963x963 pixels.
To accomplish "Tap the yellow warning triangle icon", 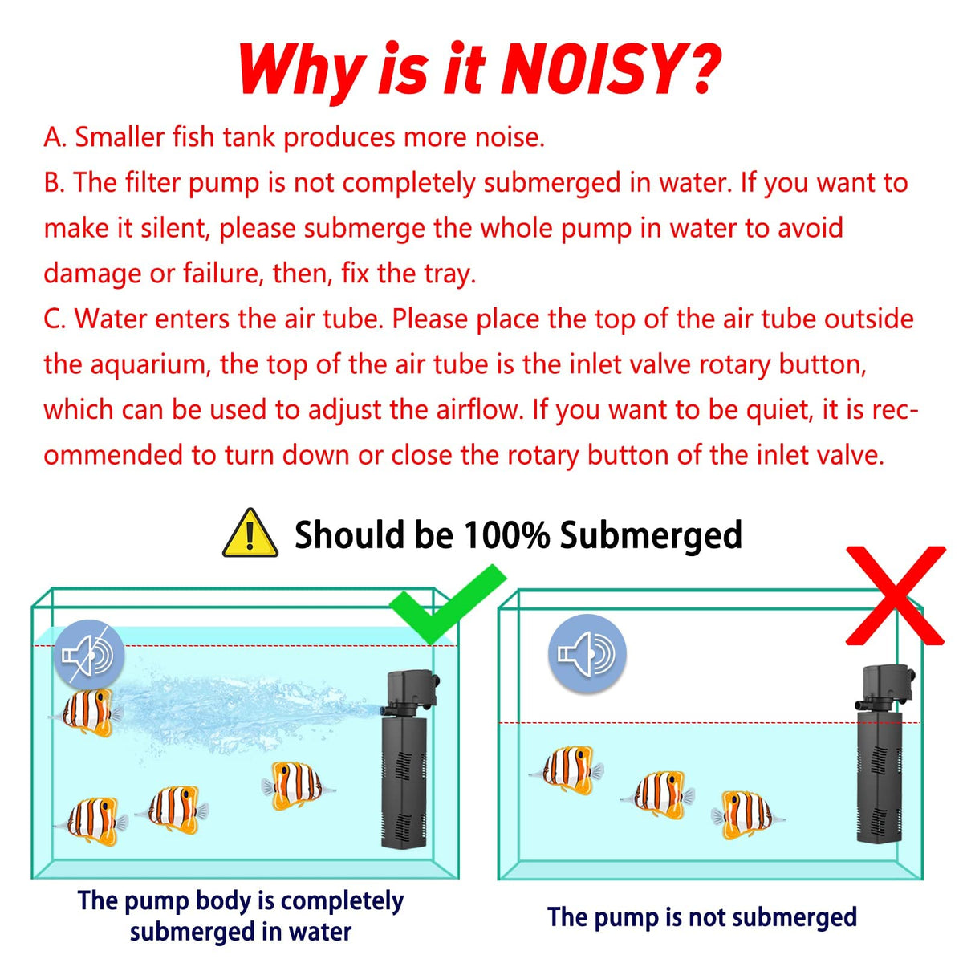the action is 250,534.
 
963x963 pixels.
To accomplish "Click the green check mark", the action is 448,604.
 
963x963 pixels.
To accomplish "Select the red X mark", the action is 896,595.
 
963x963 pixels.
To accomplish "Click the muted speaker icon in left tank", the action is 88,655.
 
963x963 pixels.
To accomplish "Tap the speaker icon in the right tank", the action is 587,654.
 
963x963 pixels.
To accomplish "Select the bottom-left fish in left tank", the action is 91,822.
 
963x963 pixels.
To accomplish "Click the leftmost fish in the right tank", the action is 567,770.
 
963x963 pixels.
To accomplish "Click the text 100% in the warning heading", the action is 506,534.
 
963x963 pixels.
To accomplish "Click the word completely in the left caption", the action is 342,887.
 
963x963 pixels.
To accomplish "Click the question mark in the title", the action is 697,68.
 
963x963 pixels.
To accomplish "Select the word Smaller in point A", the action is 120,137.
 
